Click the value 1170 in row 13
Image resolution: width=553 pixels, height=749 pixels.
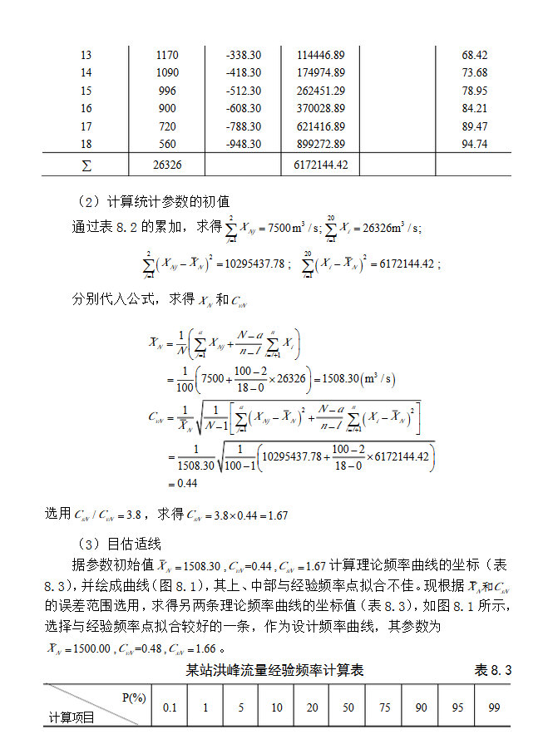[167, 55]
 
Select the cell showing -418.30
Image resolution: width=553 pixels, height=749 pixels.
[243, 73]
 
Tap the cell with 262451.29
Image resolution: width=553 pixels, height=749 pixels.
[320, 91]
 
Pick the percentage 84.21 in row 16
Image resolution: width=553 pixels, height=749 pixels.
[474, 109]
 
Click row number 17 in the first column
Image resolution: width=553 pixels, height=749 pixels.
[86, 126]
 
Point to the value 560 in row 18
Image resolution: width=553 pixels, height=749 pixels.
[167, 145]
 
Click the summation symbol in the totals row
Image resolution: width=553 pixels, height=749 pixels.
[86, 165]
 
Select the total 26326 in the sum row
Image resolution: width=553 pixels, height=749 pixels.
[167, 165]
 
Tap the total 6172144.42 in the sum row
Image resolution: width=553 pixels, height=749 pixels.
[320, 165]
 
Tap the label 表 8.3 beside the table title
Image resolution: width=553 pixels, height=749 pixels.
[492, 669]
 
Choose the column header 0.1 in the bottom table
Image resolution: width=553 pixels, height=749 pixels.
[170, 707]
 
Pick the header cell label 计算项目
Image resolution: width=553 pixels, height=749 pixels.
[72, 717]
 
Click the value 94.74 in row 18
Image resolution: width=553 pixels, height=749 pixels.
[474, 145]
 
